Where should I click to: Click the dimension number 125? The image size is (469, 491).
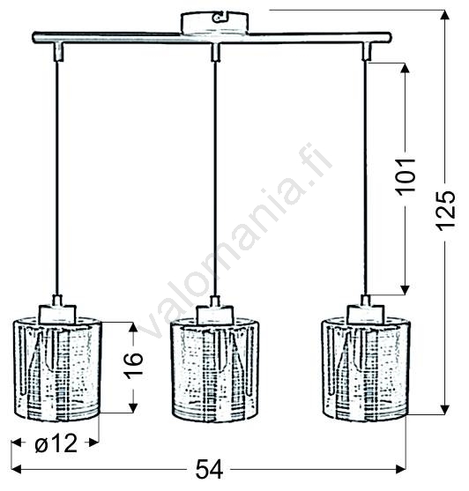point(445,211)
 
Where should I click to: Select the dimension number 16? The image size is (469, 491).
point(134,365)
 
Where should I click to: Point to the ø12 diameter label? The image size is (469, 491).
point(56,443)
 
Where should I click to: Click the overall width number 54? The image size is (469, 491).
point(209,469)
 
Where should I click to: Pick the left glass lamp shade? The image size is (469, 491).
point(57,369)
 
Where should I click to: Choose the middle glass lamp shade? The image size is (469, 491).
point(215,370)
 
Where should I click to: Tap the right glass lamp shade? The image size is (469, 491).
point(366,369)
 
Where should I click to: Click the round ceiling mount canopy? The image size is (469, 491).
point(215,22)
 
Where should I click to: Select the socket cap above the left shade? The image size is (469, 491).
point(57,314)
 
